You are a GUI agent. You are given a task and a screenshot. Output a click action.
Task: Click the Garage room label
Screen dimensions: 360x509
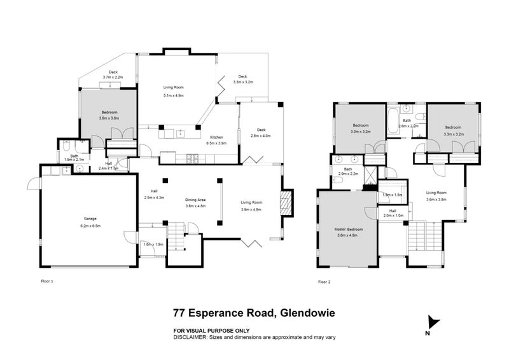pos(91,219)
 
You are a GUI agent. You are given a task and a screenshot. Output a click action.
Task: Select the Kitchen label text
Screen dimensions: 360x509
pos(216,137)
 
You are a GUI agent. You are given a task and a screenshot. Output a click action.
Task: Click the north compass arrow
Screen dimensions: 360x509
pos(433,323)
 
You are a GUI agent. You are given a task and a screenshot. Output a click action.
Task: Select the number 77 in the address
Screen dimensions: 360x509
pos(181,312)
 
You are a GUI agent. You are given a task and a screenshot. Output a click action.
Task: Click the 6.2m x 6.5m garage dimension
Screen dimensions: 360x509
pos(91,226)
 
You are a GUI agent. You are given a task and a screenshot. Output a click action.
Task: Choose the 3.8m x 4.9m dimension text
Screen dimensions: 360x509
pos(349,235)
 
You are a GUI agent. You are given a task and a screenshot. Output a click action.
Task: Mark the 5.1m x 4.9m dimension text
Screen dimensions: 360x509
pos(173,95)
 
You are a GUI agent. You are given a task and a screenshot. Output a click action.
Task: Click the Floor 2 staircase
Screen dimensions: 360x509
pos(417,235)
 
